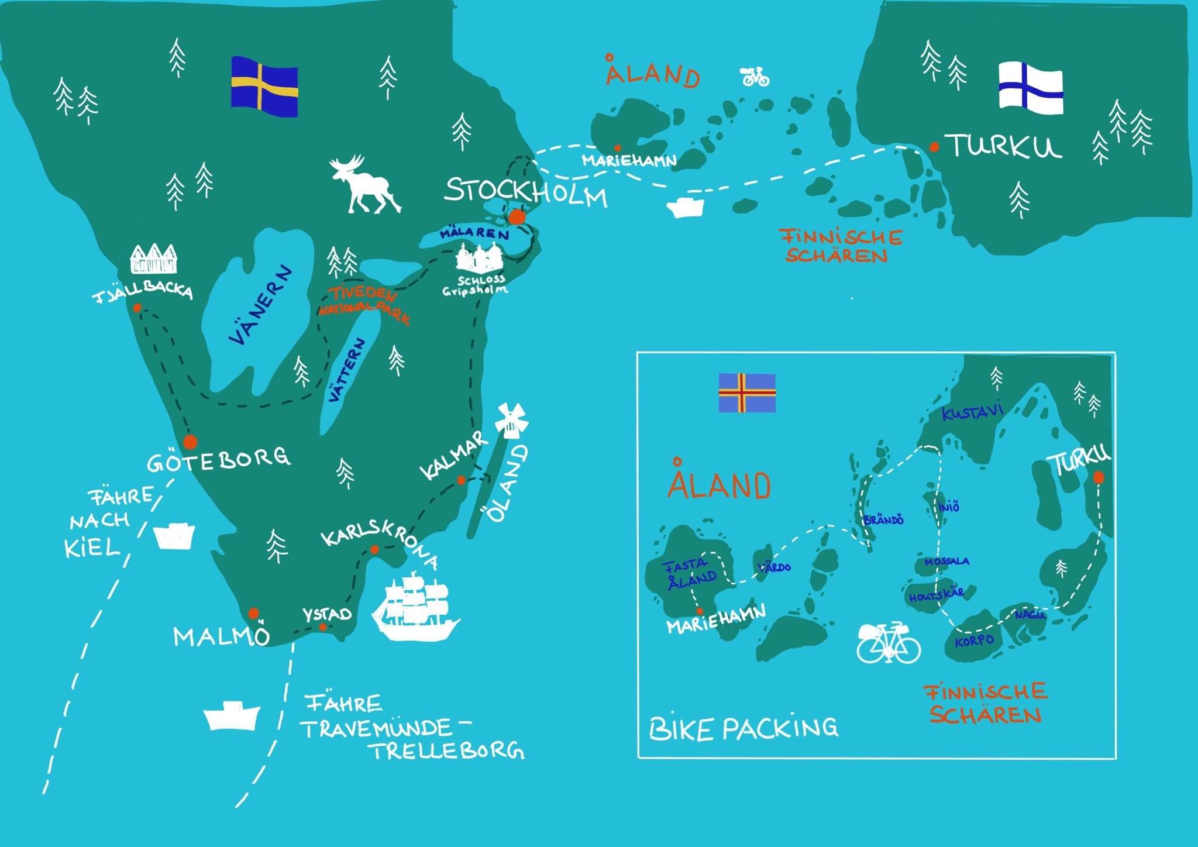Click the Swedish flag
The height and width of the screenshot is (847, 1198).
(264, 86)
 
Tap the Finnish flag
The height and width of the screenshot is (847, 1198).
(1030, 88)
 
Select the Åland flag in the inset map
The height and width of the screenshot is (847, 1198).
(747, 392)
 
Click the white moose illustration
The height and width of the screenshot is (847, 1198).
(363, 184)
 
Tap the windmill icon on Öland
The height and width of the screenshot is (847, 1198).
(511, 419)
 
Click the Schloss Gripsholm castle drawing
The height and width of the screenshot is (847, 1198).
(480, 259)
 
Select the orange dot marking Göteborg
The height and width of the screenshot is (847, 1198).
(190, 441)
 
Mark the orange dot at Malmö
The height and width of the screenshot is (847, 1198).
(253, 613)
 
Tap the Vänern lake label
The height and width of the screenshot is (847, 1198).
(261, 306)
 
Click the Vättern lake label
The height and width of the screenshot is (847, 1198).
(347, 370)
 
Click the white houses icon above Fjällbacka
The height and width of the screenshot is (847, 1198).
(153, 259)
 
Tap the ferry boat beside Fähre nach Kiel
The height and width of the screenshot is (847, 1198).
(174, 535)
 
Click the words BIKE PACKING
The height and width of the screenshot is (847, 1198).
(743, 728)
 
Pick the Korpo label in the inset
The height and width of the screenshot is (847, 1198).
(973, 641)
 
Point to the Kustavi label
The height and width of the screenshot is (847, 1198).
(972, 412)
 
